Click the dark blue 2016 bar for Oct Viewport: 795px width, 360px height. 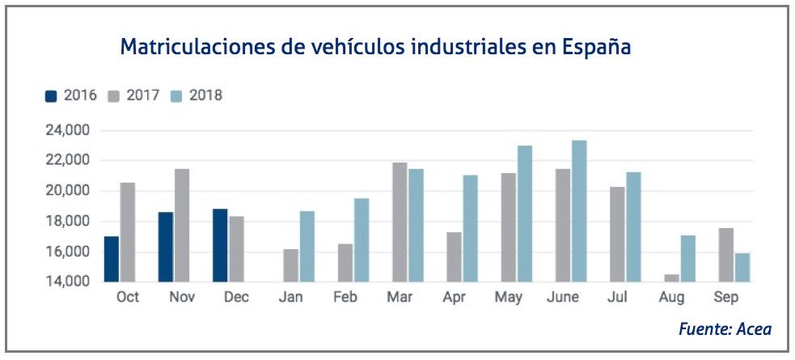tap(112, 259)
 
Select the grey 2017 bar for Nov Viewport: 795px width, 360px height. tap(182, 226)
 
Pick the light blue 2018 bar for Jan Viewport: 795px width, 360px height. tap(307, 246)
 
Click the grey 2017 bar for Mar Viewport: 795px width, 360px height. tap(400, 222)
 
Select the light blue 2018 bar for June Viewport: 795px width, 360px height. tap(579, 211)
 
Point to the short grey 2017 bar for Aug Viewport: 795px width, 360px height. tap(672, 278)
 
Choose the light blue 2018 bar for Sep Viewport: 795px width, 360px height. tap(742, 268)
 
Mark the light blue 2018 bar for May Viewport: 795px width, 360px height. tap(525, 214)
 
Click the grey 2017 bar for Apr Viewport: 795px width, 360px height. tap(455, 257)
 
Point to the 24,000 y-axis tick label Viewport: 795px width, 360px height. tap(69, 130)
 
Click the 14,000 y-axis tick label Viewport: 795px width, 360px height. tap(69, 282)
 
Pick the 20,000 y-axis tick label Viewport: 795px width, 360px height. tap(69, 191)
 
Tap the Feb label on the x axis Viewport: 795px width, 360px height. tap(345, 297)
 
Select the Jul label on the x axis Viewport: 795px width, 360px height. tap(618, 297)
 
